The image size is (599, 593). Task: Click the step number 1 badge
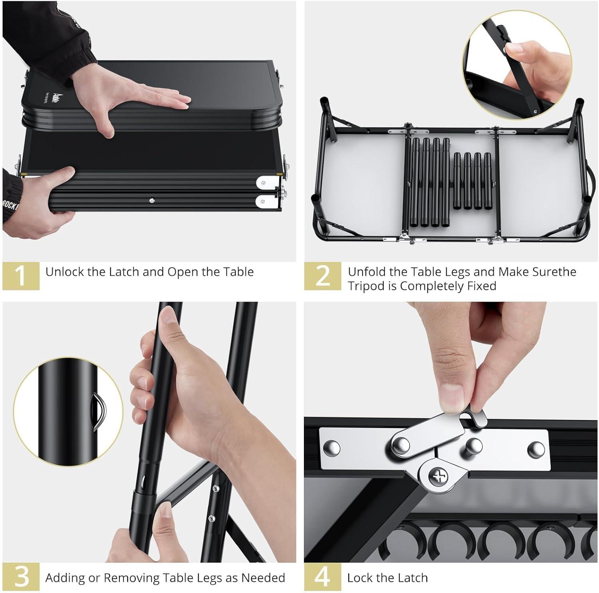coord(21,275)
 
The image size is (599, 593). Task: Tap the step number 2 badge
coord(323,276)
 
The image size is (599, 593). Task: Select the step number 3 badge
coord(21,577)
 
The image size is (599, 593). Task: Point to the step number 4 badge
coord(323,577)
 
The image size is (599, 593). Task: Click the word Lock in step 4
coord(360,578)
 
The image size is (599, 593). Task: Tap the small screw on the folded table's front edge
coord(152,201)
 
